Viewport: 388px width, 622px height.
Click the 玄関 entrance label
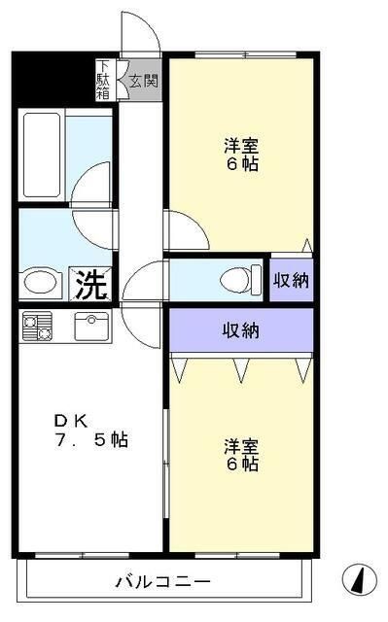pyautogui.click(x=143, y=81)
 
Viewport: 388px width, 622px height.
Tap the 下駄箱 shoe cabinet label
pyautogui.click(x=103, y=80)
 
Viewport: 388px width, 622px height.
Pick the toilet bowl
pyautogui.click(x=237, y=280)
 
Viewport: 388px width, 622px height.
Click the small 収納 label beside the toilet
pyautogui.click(x=290, y=281)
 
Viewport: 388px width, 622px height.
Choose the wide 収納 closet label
pyautogui.click(x=241, y=330)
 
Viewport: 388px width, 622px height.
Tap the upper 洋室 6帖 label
pyautogui.click(x=241, y=155)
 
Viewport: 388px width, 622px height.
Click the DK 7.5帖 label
pyautogui.click(x=89, y=430)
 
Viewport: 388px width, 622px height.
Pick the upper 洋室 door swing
pyautogui.click(x=186, y=230)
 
